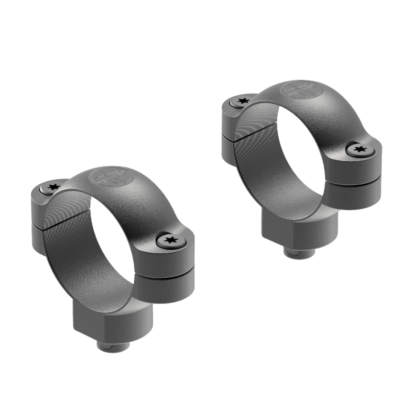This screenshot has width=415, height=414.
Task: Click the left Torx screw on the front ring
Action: (x=51, y=187)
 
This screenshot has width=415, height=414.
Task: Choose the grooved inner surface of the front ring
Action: (x=67, y=249)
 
